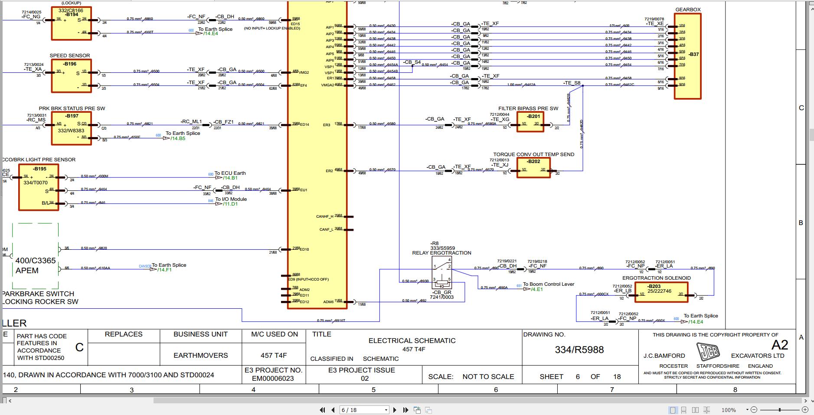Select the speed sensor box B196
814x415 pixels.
pyautogui.click(x=71, y=76)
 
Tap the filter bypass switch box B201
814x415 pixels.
pyautogui.click(x=530, y=122)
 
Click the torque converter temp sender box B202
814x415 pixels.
pyautogui.click(x=533, y=167)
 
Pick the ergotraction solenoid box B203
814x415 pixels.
pyautogui.click(x=661, y=292)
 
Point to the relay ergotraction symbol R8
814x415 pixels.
pyautogui.click(x=442, y=272)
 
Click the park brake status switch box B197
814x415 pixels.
pyautogui.click(x=71, y=128)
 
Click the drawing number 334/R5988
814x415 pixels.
pyautogui.click(x=579, y=350)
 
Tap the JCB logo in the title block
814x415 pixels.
pyautogui.click(x=708, y=351)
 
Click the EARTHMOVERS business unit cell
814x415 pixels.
pyautogui.click(x=200, y=356)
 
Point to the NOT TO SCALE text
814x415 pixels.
pyautogui.click(x=488, y=377)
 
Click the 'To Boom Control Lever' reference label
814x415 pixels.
pyautogui.click(x=548, y=284)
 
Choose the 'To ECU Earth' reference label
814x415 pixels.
pyautogui.click(x=230, y=173)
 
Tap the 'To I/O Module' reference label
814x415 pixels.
pyautogui.click(x=231, y=199)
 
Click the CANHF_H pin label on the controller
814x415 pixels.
pyautogui.click(x=325, y=216)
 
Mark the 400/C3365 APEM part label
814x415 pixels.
pyautogui.click(x=36, y=265)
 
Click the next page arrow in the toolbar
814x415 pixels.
pyautogui.click(x=395, y=410)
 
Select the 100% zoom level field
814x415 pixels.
pyautogui.click(x=729, y=410)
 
